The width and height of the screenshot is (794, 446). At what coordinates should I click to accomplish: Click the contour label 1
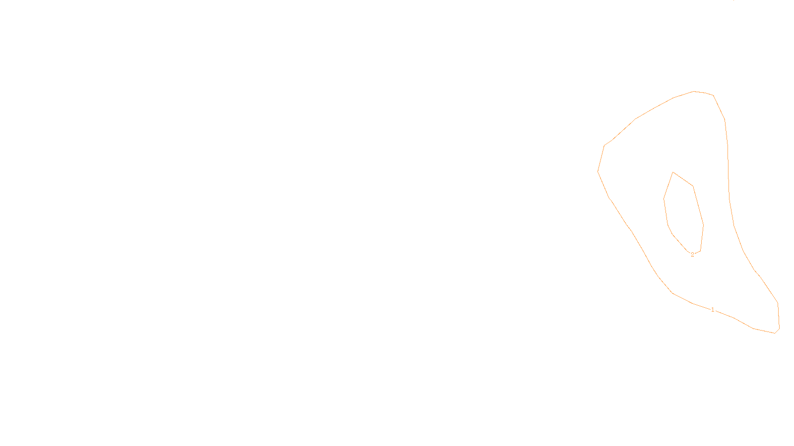pyautogui.click(x=713, y=310)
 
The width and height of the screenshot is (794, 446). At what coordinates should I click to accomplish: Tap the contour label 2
pyautogui.click(x=692, y=255)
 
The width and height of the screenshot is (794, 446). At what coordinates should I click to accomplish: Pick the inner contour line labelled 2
pyautogui.click(x=698, y=206)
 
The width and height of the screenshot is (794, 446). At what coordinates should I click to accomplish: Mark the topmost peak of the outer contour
pyautogui.click(x=694, y=91)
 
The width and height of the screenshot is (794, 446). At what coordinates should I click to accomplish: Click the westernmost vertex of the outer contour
pyautogui.click(x=598, y=171)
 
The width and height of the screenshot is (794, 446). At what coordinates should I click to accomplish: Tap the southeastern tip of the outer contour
pyautogui.click(x=775, y=333)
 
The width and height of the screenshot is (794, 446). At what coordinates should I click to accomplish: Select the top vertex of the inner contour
pyautogui.click(x=673, y=172)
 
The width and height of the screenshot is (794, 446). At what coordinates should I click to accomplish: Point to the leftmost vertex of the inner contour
pyautogui.click(x=664, y=199)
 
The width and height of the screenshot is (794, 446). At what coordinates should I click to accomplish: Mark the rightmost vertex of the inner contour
pyautogui.click(x=703, y=224)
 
